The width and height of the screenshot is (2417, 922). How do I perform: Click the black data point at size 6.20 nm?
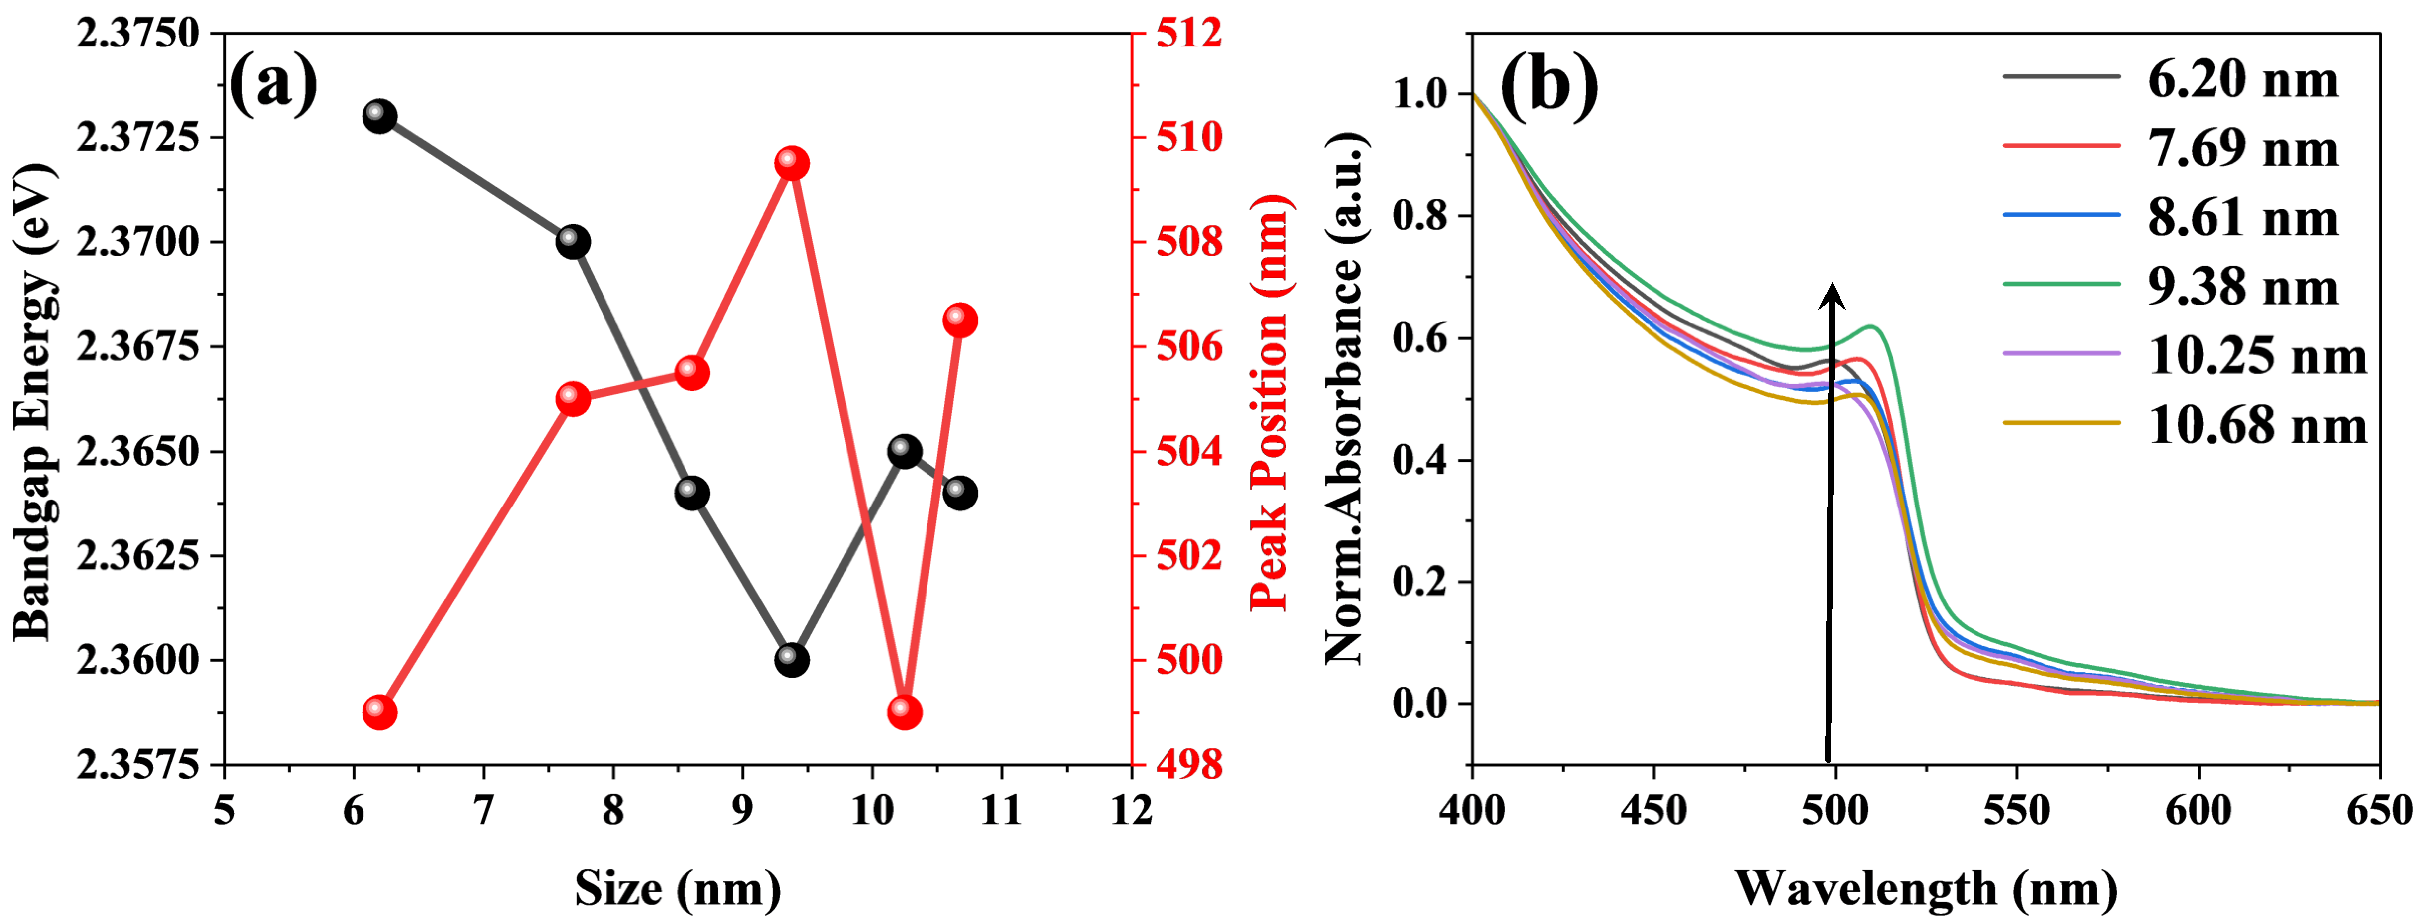[x=379, y=117]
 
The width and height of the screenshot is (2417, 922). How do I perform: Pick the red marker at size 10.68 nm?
[x=959, y=320]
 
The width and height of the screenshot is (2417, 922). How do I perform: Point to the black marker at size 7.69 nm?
[x=572, y=241]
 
